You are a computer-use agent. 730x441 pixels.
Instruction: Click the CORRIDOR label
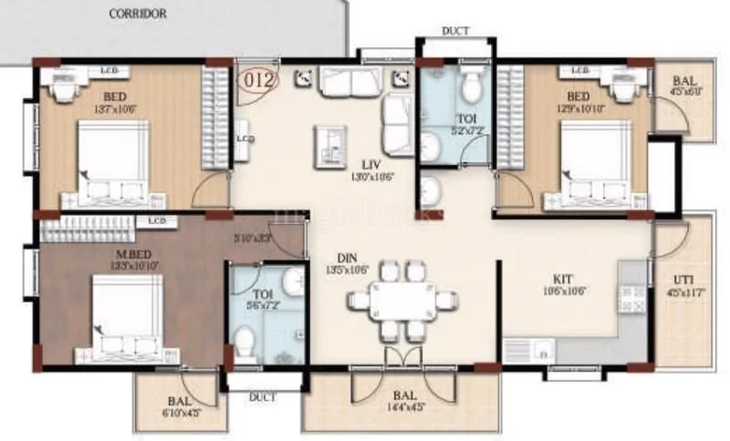click(x=138, y=14)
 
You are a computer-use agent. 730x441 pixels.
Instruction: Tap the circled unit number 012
click(x=259, y=80)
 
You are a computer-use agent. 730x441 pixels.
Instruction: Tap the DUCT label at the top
click(x=455, y=31)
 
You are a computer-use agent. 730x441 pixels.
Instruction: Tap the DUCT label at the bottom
click(x=262, y=398)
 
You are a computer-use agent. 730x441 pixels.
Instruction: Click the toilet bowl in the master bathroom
click(x=244, y=344)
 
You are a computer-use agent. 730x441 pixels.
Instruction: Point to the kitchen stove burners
click(x=631, y=293)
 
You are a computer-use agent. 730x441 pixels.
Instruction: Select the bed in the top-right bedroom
click(x=589, y=164)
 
